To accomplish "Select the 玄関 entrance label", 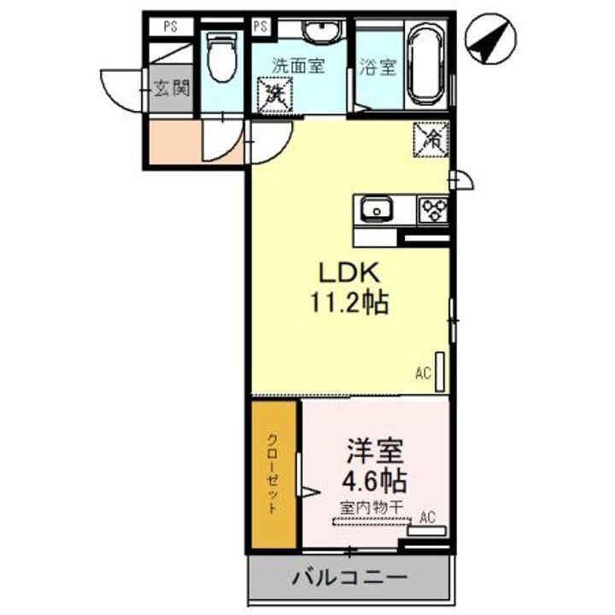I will [x=172, y=88].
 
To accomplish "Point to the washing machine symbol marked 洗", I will [x=276, y=93].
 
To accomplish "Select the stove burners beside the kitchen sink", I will [x=432, y=208].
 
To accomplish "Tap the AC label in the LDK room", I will [x=422, y=372].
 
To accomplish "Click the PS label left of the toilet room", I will [x=172, y=26].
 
